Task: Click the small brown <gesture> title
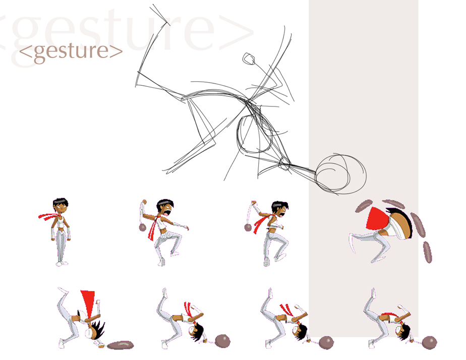[71, 51]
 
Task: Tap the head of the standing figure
[61, 206]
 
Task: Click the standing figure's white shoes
[62, 263]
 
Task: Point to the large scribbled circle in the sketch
[340, 174]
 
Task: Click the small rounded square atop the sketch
[249, 58]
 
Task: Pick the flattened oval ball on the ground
[121, 345]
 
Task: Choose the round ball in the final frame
[429, 342]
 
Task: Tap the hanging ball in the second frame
[143, 227]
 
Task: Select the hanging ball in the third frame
[248, 228]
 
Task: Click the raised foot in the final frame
[372, 293]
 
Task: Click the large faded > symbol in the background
[236, 32]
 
